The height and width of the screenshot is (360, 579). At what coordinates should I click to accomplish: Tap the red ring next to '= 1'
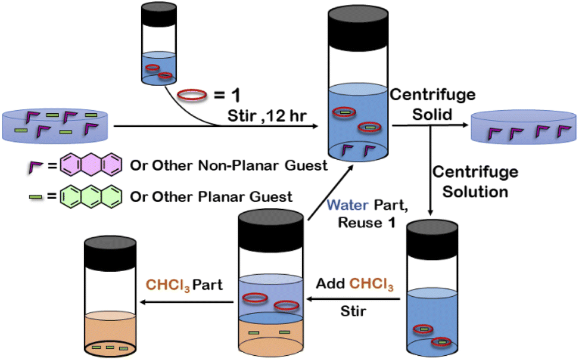pyautogui.click(x=192, y=94)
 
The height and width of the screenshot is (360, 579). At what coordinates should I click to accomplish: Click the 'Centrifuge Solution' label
pyautogui.click(x=475, y=182)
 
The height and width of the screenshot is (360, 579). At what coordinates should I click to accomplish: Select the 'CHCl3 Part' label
pyautogui.click(x=185, y=285)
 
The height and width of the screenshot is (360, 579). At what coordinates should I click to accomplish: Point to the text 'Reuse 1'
pyautogui.click(x=360, y=223)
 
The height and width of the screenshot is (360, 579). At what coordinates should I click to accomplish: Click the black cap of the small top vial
pyautogui.click(x=158, y=15)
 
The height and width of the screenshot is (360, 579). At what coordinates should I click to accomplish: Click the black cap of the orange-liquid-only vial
pyautogui.click(x=111, y=250)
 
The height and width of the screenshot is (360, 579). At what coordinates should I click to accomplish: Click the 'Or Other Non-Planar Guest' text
pyautogui.click(x=229, y=165)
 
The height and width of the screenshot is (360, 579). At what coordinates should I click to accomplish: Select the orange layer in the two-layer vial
pyautogui.click(x=271, y=337)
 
